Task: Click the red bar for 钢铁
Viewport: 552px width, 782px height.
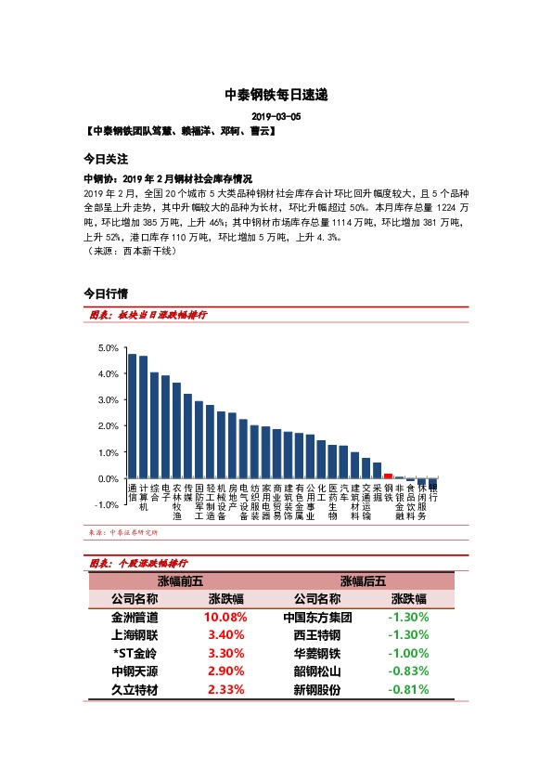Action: [388, 476]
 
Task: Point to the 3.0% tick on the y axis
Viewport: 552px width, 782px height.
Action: [108, 399]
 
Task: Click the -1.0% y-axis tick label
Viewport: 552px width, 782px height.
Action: [108, 504]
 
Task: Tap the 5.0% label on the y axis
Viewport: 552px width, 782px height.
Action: [108, 347]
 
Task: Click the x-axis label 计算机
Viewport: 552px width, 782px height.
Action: [143, 497]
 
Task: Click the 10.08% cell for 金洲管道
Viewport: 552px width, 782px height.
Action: [225, 617]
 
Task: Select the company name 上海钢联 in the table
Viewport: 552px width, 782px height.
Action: [135, 634]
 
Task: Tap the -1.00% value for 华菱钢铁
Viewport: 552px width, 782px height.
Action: [409, 653]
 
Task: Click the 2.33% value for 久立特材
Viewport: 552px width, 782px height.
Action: [225, 689]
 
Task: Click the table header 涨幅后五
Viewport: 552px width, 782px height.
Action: [363, 580]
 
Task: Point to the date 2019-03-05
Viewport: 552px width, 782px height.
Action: [276, 117]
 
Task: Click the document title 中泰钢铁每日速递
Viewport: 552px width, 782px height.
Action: [276, 95]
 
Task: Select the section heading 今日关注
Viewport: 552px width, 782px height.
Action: [106, 159]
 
